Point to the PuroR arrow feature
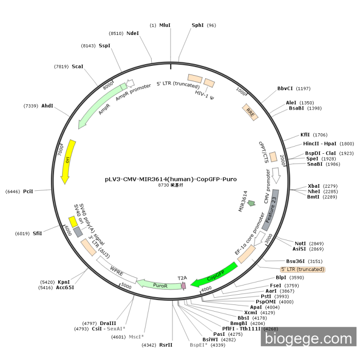point(160,284)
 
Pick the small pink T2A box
point(183,283)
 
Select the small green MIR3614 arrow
point(251,203)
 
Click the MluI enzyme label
point(165,25)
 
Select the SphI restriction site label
point(197,25)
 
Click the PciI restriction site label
point(28,191)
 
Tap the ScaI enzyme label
point(78,66)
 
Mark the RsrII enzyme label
point(166,345)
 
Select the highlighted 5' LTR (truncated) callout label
point(302,269)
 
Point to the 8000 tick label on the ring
point(108,86)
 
